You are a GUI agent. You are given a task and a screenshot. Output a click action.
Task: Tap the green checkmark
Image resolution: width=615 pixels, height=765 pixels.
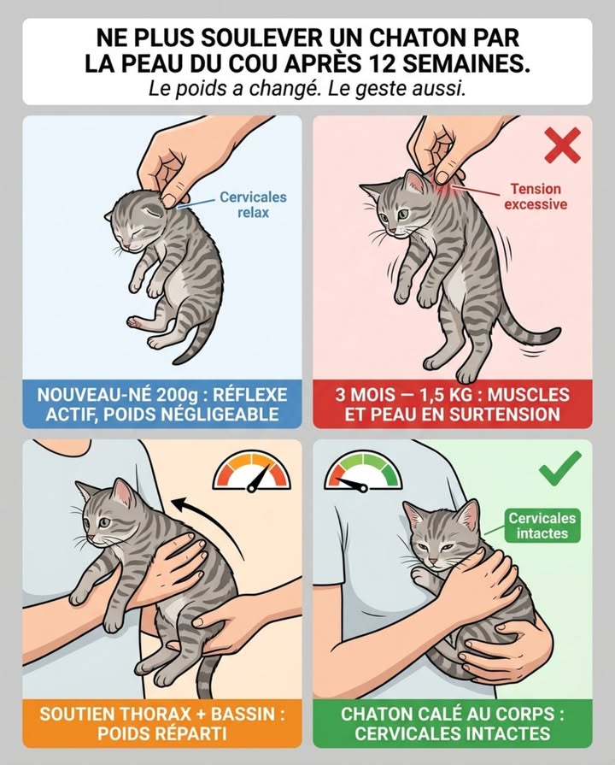559,466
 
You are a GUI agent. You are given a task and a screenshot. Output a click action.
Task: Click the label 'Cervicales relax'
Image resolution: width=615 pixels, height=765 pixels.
253,204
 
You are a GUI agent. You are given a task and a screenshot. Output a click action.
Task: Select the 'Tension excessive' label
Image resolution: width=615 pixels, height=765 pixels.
535,196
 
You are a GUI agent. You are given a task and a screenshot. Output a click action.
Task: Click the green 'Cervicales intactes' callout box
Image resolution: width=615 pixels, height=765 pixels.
542,526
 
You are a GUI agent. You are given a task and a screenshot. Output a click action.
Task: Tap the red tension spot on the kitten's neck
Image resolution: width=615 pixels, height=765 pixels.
443,176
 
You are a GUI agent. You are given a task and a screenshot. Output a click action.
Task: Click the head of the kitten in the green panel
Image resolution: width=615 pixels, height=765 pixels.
440,532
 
